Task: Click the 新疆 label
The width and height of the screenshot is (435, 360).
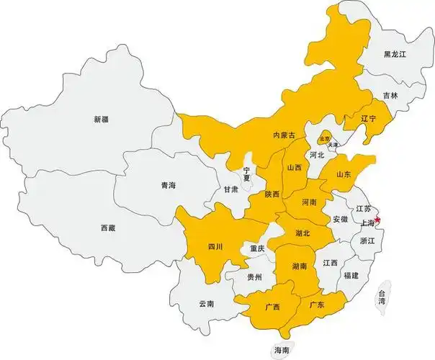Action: (101, 119)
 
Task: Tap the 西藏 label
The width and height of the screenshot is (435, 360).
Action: (108, 228)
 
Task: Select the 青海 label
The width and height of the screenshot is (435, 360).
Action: (168, 186)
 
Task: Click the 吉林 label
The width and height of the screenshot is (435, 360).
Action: (390, 95)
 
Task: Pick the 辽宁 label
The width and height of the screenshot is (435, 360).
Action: (368, 118)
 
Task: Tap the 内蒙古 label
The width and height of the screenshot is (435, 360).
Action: (284, 135)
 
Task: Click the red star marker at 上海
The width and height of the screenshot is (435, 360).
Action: (378, 220)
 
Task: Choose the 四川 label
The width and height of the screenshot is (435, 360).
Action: (215, 247)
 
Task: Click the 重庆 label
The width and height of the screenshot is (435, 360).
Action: (257, 248)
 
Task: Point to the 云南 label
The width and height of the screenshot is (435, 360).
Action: (206, 304)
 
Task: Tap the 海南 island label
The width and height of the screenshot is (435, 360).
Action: (281, 350)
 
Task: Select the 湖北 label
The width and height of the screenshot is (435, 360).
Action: (302, 233)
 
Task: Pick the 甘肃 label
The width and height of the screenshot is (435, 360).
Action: (230, 189)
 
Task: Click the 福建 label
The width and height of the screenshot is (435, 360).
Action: (351, 276)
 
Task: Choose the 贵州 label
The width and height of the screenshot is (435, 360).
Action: (254, 276)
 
